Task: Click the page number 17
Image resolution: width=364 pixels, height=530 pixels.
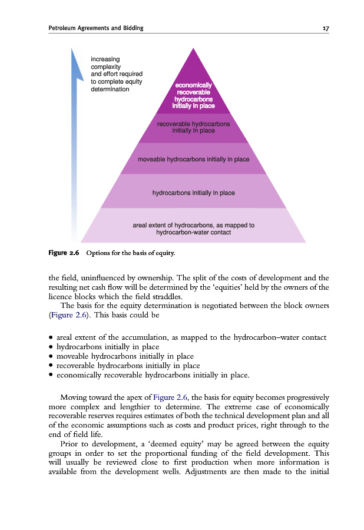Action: pos(325,28)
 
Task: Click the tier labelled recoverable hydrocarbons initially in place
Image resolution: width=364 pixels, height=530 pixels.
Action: pos(193,127)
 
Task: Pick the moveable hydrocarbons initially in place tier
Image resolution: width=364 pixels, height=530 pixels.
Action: pos(193,159)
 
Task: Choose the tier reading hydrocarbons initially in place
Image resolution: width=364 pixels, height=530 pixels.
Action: pos(193,192)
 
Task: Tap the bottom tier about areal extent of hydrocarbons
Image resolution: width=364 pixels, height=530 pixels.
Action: pos(193,228)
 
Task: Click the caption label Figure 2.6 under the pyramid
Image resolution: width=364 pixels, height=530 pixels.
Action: pos(64,253)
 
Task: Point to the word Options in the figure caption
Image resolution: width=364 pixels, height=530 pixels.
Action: pos(99,253)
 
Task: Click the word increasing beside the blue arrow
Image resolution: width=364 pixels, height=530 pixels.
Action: pos(105,59)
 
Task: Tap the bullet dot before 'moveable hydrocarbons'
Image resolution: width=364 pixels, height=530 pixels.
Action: pos(52,356)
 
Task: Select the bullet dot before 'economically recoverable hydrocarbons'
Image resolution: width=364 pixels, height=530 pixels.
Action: pos(52,375)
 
